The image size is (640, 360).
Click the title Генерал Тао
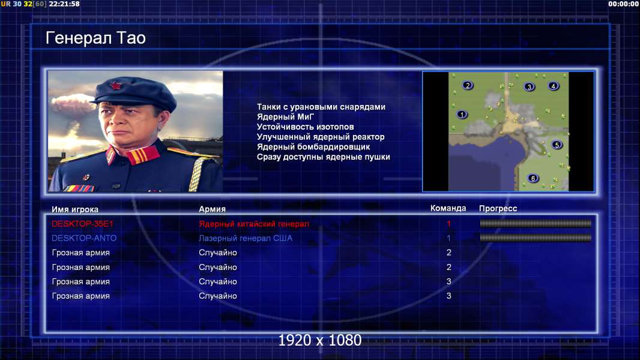tap(95, 38)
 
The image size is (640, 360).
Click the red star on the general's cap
tap(116, 86)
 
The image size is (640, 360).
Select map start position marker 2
tap(468, 85)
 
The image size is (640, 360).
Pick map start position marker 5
tap(557, 145)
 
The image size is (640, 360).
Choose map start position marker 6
tap(533, 178)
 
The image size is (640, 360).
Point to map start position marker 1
tap(462, 115)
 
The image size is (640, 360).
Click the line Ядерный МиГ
tap(285, 116)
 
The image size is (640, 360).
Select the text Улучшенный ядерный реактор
tap(321, 137)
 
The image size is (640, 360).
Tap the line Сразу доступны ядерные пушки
tap(323, 157)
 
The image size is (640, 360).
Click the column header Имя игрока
tap(74, 209)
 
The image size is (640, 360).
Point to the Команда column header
tap(448, 208)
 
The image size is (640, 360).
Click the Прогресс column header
tap(498, 208)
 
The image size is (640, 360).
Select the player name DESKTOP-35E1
tap(82, 224)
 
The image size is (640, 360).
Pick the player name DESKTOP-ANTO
tap(83, 238)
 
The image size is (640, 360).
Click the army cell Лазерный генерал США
tap(246, 238)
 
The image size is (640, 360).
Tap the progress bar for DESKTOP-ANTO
tap(536, 238)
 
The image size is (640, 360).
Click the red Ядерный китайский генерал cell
tap(254, 224)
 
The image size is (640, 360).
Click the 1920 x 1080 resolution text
tap(320, 340)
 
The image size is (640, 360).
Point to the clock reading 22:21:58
tap(64, 4)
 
